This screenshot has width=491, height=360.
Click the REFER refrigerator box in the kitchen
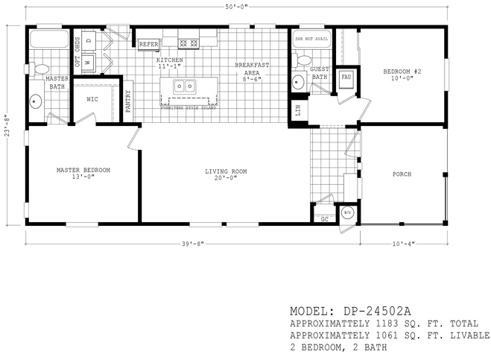point(148,45)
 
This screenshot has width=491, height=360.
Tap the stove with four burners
point(189,42)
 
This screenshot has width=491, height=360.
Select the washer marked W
point(88,63)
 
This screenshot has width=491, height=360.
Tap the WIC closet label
point(92,98)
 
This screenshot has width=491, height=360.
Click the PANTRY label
point(127,101)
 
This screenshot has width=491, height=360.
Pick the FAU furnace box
point(346,78)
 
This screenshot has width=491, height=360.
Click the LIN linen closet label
point(298,110)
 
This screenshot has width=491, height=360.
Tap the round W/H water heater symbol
point(347,213)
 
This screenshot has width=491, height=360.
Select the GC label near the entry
point(324,219)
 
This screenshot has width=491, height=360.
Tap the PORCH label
point(402,174)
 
